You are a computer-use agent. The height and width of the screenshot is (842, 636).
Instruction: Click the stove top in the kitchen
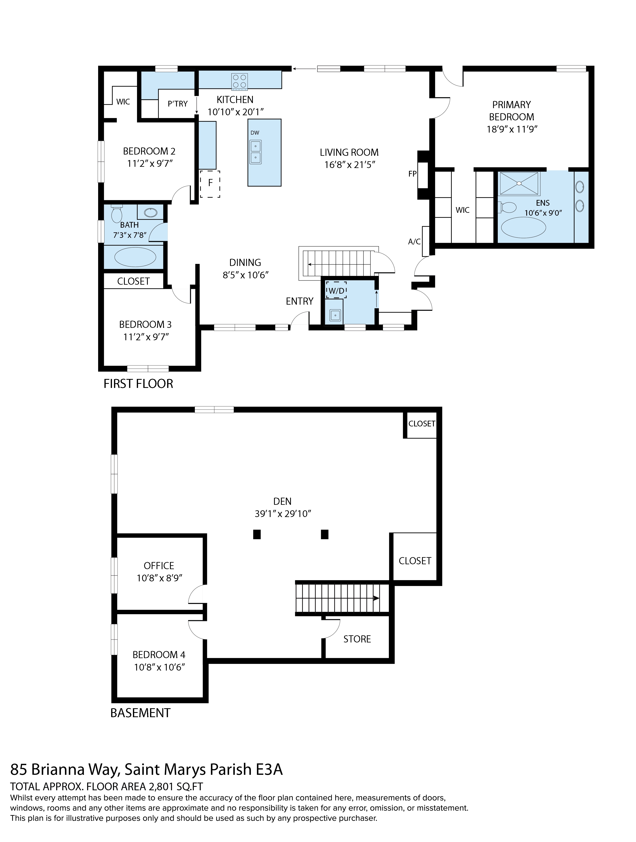pos(239,82)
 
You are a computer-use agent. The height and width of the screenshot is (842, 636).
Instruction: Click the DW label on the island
pos(255,133)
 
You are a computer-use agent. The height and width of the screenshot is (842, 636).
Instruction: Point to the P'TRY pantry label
pos(177,103)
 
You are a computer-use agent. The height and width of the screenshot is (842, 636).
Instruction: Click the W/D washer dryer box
pos(336,290)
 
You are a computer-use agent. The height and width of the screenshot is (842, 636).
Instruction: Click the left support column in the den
pos(257,535)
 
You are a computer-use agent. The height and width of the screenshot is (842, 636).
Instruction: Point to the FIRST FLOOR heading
pos(138,384)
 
